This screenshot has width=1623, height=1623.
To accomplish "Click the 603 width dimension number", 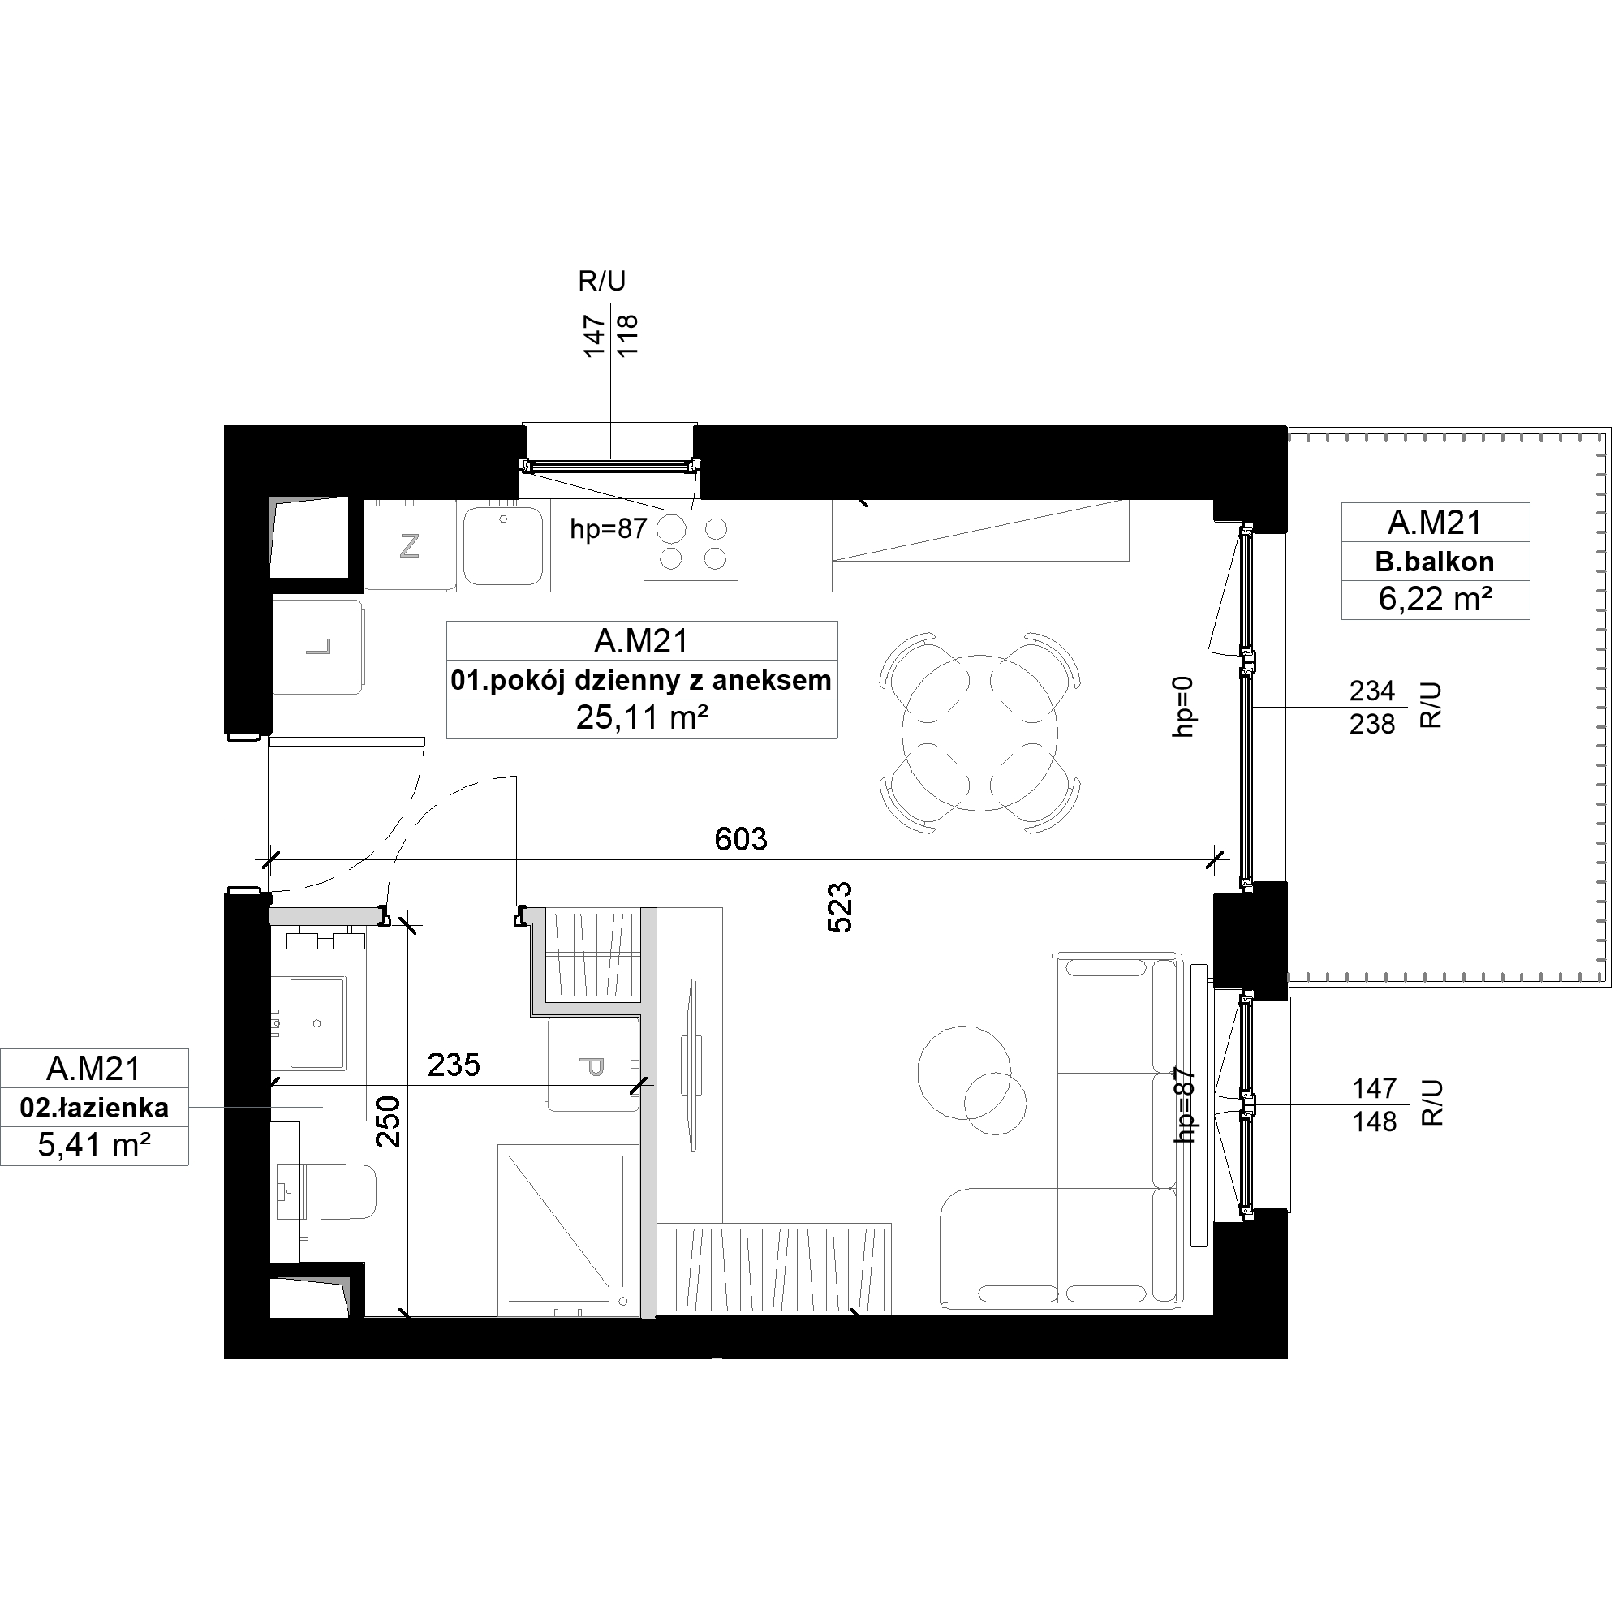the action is [741, 838].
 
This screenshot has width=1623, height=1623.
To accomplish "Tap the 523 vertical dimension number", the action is [840, 907].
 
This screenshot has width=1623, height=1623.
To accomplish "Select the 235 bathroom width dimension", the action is [454, 1065].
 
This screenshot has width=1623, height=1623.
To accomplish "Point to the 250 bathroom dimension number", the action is [388, 1121].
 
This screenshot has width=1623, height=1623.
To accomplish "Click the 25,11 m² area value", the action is [642, 718].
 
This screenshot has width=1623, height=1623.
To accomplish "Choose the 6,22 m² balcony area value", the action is [1436, 599].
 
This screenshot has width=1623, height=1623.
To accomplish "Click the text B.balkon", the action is [1435, 562].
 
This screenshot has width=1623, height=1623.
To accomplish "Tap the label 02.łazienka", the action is [94, 1108].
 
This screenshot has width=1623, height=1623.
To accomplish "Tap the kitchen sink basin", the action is [503, 545].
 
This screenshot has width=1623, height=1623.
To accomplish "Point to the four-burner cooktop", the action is [691, 545].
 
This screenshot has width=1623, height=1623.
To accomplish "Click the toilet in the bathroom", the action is [325, 1192].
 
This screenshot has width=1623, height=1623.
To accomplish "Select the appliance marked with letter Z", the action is [410, 545].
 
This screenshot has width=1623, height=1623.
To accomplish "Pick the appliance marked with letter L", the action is [317, 646].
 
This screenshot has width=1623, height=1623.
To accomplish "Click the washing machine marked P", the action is [593, 1065].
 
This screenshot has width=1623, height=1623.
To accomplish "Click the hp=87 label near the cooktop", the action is [608, 528].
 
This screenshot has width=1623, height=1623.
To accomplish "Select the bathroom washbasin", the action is [316, 1022].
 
